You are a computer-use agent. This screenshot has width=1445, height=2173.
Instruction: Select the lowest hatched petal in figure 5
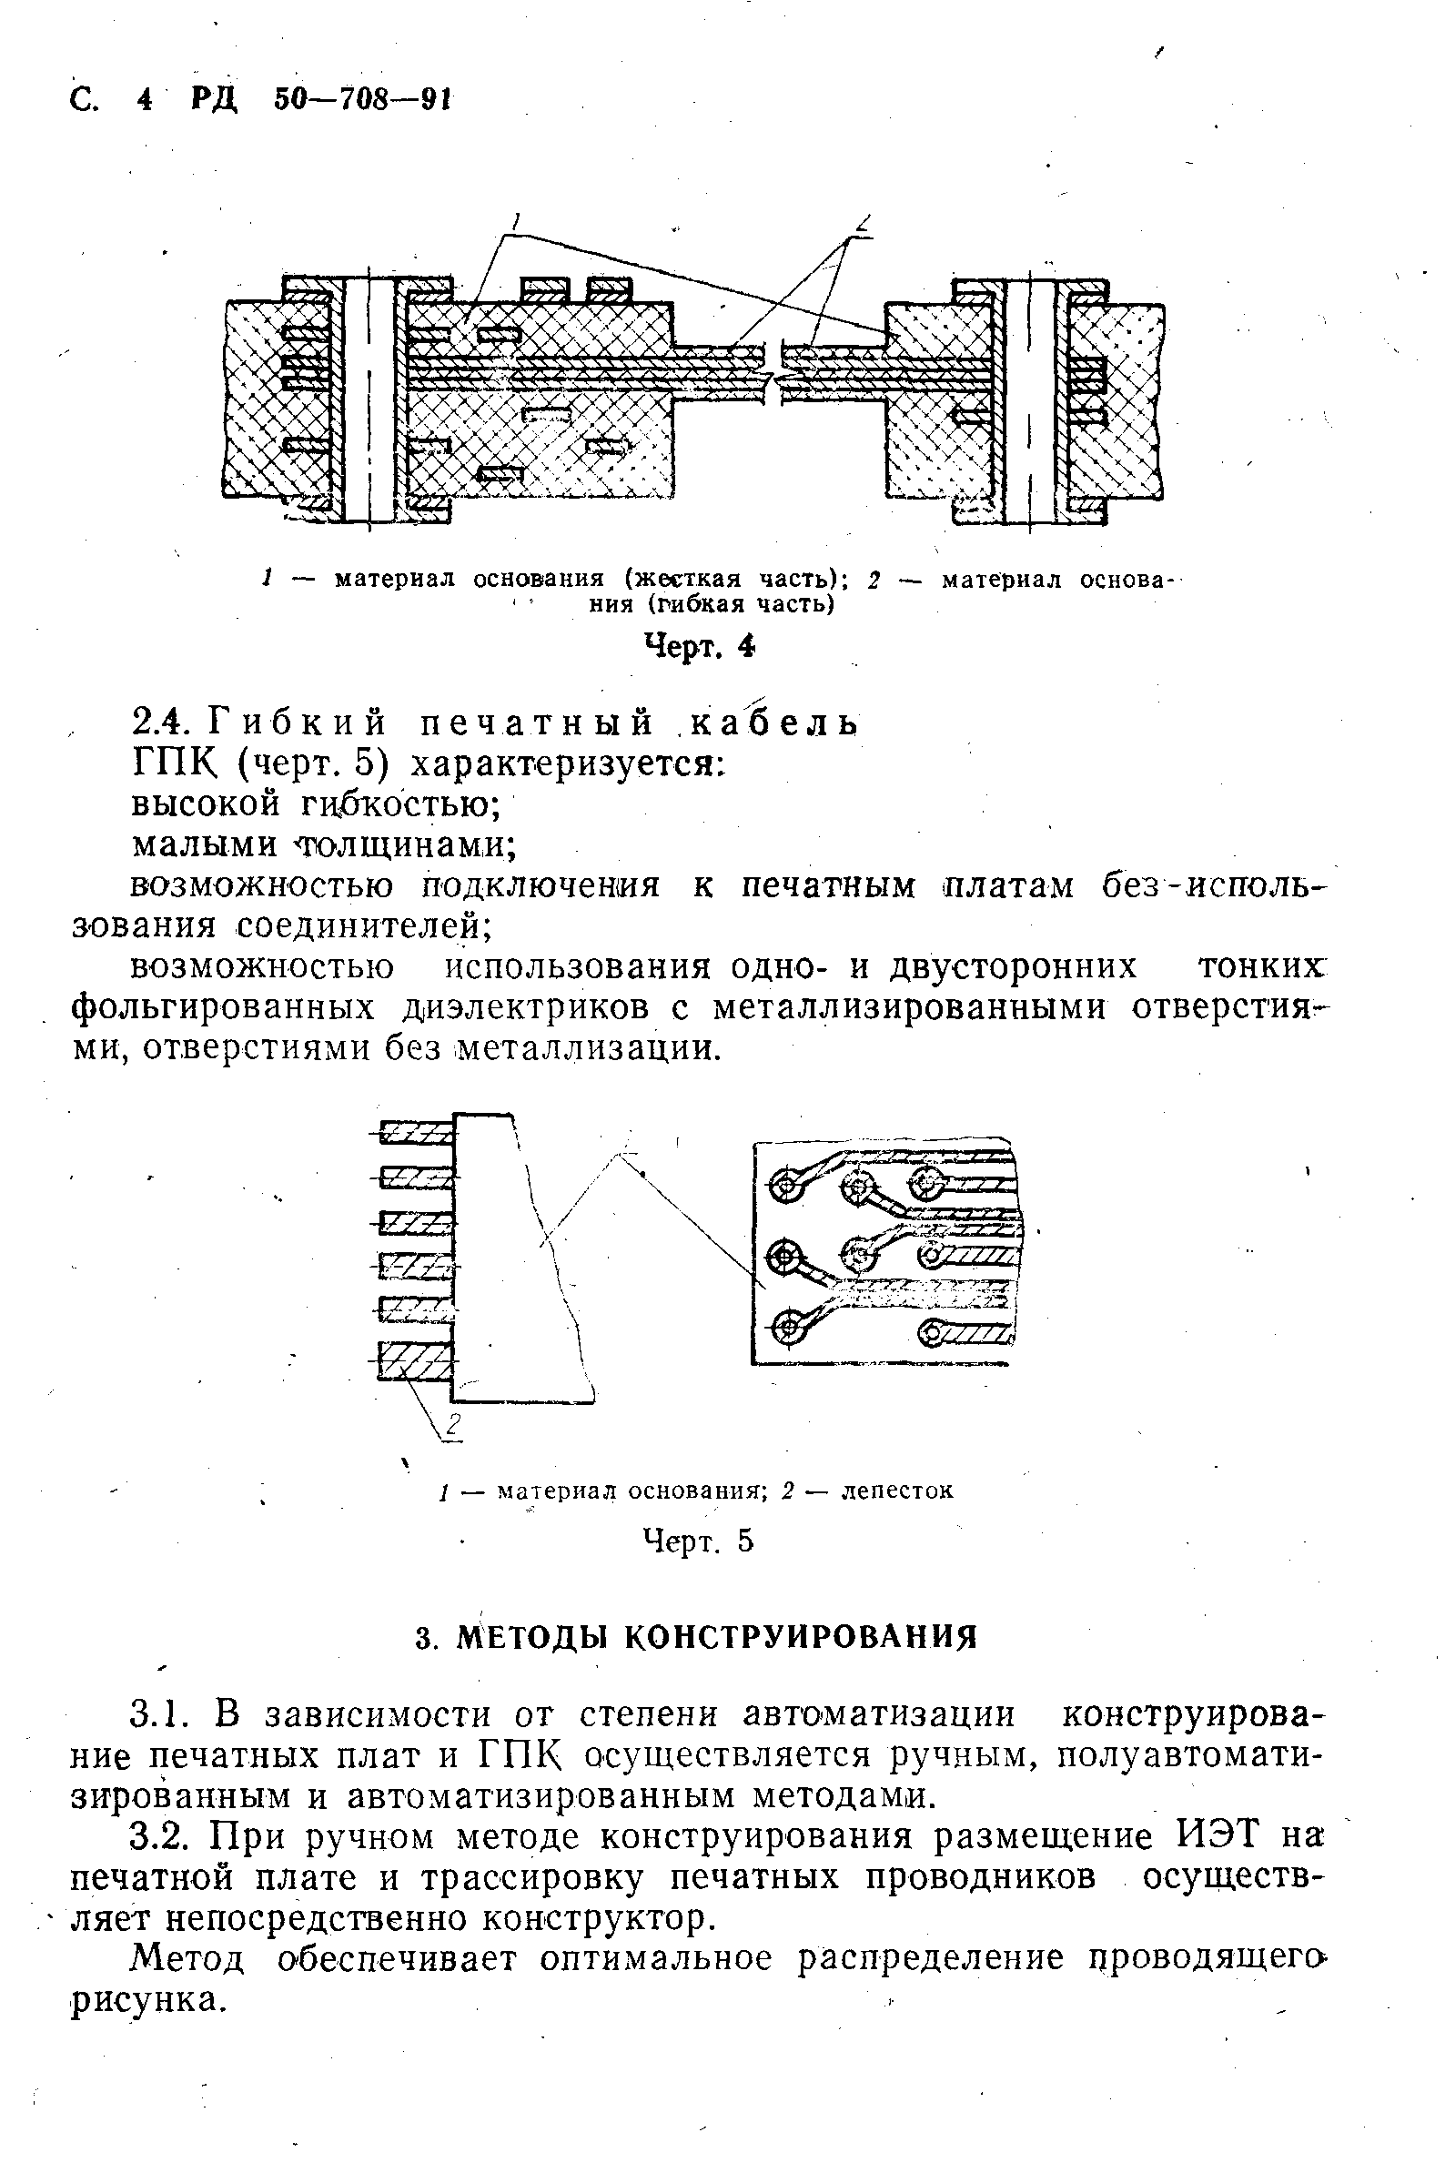coord(417,1362)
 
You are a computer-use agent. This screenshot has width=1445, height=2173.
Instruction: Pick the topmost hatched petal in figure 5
coord(418,1133)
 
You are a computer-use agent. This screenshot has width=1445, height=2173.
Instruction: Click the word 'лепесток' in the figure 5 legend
coord(897,1491)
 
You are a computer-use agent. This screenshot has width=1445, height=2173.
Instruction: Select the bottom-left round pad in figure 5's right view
coord(787,1328)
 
